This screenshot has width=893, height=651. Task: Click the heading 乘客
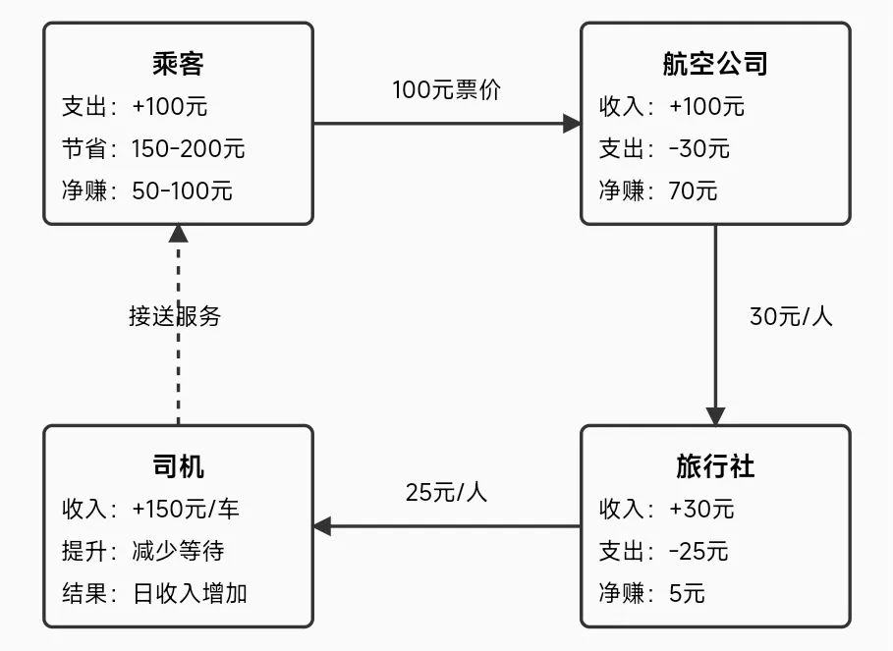click(178, 63)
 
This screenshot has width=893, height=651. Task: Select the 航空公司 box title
click(715, 63)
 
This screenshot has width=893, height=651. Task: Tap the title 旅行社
click(715, 466)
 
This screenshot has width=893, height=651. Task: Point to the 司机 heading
click(178, 466)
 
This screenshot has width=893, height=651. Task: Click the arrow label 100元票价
click(446, 90)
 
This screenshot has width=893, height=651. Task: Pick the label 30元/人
click(791, 316)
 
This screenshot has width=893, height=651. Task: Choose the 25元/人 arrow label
click(446, 492)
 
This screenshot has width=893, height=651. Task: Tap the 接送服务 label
click(175, 316)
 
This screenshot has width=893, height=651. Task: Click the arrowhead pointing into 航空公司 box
click(572, 124)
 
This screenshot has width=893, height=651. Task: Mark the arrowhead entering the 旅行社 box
click(715, 416)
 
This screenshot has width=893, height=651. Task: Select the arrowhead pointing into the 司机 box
click(322, 526)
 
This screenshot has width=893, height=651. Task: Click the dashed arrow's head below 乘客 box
click(178, 234)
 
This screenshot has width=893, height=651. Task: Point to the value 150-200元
click(188, 149)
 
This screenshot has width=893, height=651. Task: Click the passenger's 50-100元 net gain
click(182, 191)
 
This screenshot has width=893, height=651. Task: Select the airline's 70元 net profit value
click(693, 191)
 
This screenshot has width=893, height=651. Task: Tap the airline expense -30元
click(698, 149)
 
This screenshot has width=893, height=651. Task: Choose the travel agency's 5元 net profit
click(687, 593)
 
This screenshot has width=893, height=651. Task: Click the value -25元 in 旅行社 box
click(698, 552)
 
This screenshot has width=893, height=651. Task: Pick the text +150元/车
click(186, 510)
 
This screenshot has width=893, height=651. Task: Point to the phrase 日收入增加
click(190, 593)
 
